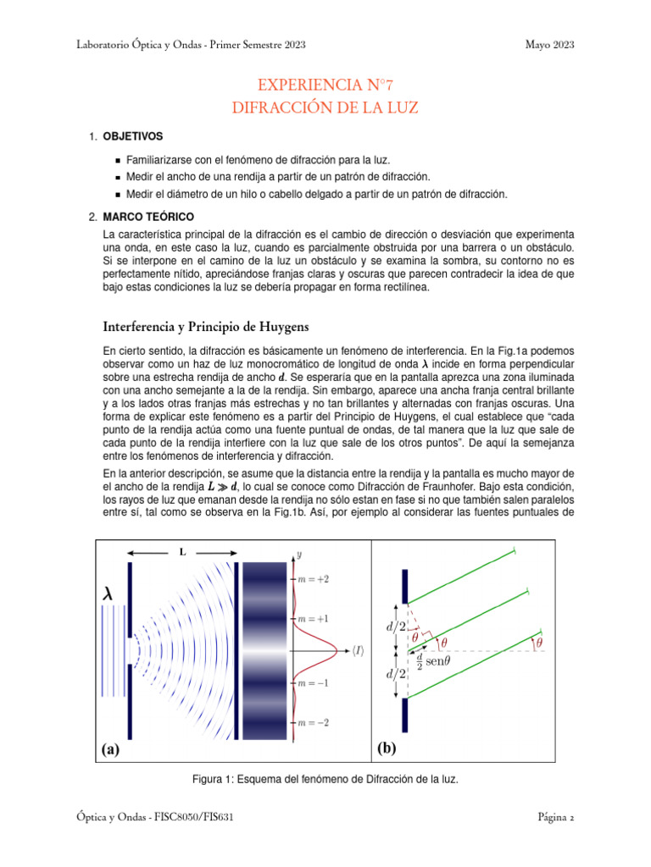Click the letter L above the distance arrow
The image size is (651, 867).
[181, 552]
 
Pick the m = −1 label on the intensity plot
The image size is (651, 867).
[314, 682]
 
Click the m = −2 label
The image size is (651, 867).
[314, 722]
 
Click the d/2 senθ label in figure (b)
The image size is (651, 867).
[431, 660]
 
